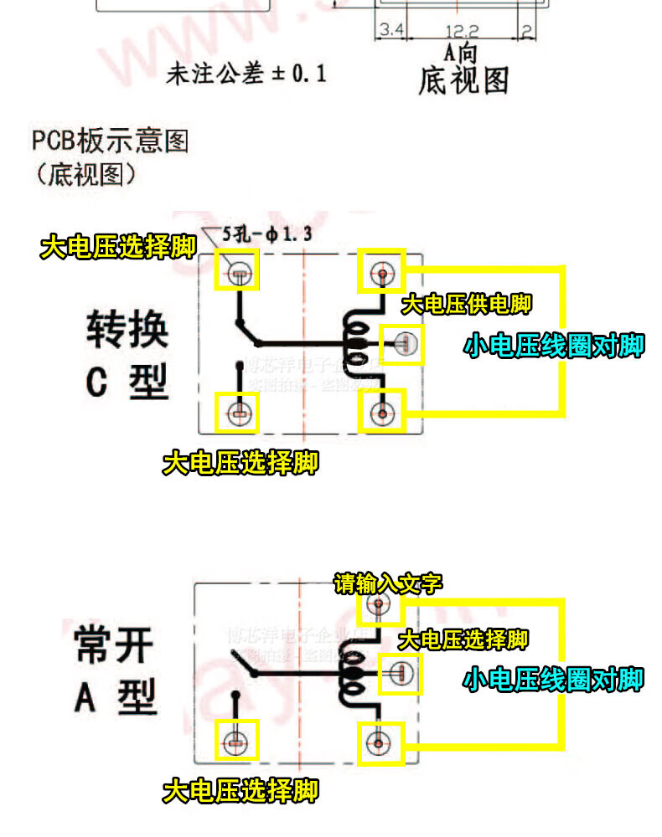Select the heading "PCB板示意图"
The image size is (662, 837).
111,140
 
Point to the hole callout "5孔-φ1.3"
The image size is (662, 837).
267,235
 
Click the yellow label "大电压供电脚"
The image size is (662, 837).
466,304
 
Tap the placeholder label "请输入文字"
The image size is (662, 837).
388,583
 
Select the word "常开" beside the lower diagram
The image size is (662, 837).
115,647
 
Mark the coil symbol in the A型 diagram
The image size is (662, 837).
352,675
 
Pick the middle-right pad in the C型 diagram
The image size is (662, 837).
403,343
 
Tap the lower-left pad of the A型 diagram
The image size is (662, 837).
236,741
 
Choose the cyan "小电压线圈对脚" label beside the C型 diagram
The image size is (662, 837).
555,346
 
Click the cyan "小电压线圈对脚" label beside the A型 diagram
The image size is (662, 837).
553,679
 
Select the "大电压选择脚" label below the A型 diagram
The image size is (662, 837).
240,790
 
